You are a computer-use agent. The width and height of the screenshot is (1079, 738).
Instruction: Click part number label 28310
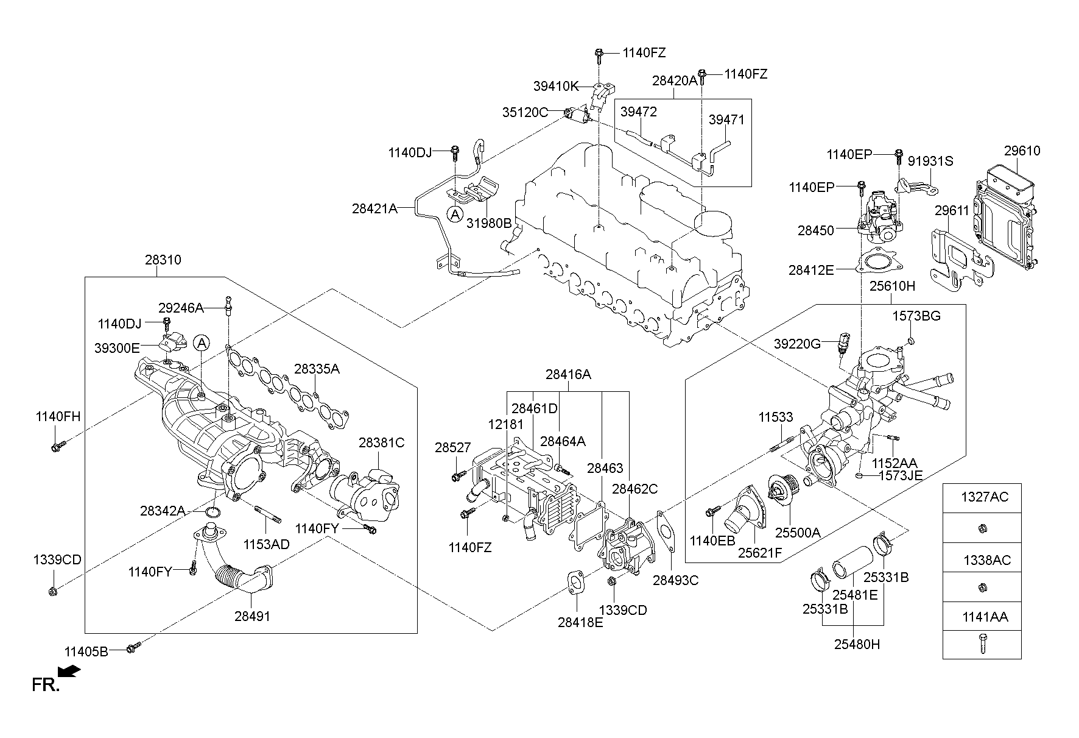click(x=163, y=260)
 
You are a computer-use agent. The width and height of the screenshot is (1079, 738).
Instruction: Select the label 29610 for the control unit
click(x=1022, y=151)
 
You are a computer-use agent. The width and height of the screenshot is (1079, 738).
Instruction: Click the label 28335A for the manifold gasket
click(x=317, y=369)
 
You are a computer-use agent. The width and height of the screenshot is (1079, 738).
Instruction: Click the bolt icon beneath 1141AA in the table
click(x=982, y=644)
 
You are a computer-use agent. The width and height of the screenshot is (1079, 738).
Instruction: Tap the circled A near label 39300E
click(x=202, y=344)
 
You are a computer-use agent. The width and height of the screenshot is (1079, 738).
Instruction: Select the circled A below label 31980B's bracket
click(x=454, y=214)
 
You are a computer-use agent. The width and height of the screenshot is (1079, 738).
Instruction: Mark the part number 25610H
click(x=891, y=286)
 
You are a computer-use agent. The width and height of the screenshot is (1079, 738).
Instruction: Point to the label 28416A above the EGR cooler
click(x=568, y=375)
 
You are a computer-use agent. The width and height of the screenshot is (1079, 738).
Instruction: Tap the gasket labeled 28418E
click(x=576, y=582)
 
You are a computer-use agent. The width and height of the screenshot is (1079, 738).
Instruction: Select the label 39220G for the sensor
click(x=797, y=344)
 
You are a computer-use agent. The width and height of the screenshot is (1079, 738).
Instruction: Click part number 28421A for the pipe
click(x=374, y=208)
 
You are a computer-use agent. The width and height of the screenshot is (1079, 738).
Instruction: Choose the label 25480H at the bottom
click(x=857, y=644)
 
